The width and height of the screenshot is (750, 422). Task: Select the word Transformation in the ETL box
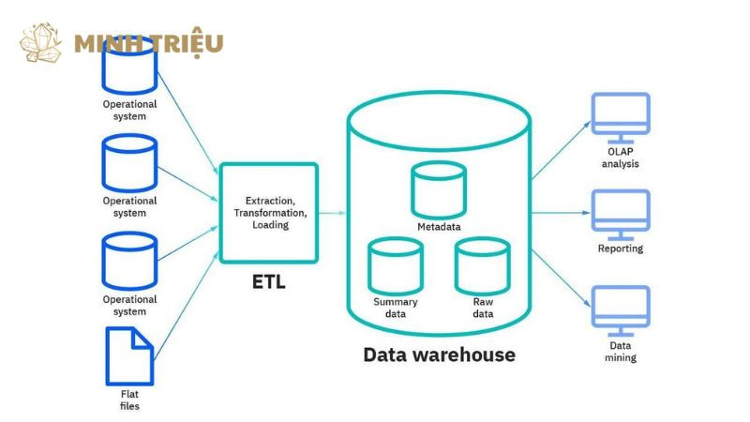pyautogui.click(x=268, y=213)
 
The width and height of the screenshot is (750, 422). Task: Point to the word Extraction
pyautogui.click(x=270, y=201)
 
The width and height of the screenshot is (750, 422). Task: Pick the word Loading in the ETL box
pyautogui.click(x=270, y=225)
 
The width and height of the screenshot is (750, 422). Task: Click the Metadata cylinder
pyautogui.click(x=439, y=189)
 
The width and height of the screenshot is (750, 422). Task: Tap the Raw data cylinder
pyautogui.click(x=483, y=265)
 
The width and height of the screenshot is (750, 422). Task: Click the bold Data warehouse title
pyautogui.click(x=439, y=355)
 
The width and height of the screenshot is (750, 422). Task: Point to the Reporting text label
pyautogui.click(x=621, y=249)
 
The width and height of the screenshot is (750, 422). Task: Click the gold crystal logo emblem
pyautogui.click(x=41, y=43)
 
